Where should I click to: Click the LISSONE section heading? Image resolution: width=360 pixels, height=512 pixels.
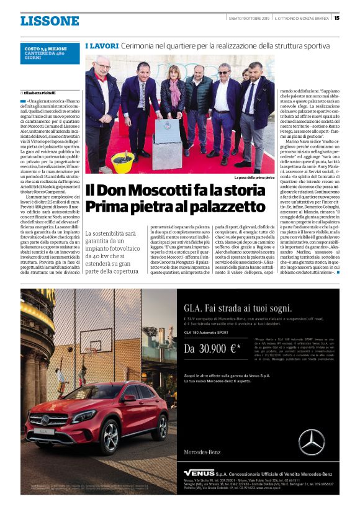[41, 21]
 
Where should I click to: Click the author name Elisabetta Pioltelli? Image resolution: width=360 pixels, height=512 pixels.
[40, 92]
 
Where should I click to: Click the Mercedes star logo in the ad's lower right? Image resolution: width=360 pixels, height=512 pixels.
[311, 442]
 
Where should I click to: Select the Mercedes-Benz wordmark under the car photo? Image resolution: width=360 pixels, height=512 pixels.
[202, 452]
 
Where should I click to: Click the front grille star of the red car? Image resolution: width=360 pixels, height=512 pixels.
[45, 421]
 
